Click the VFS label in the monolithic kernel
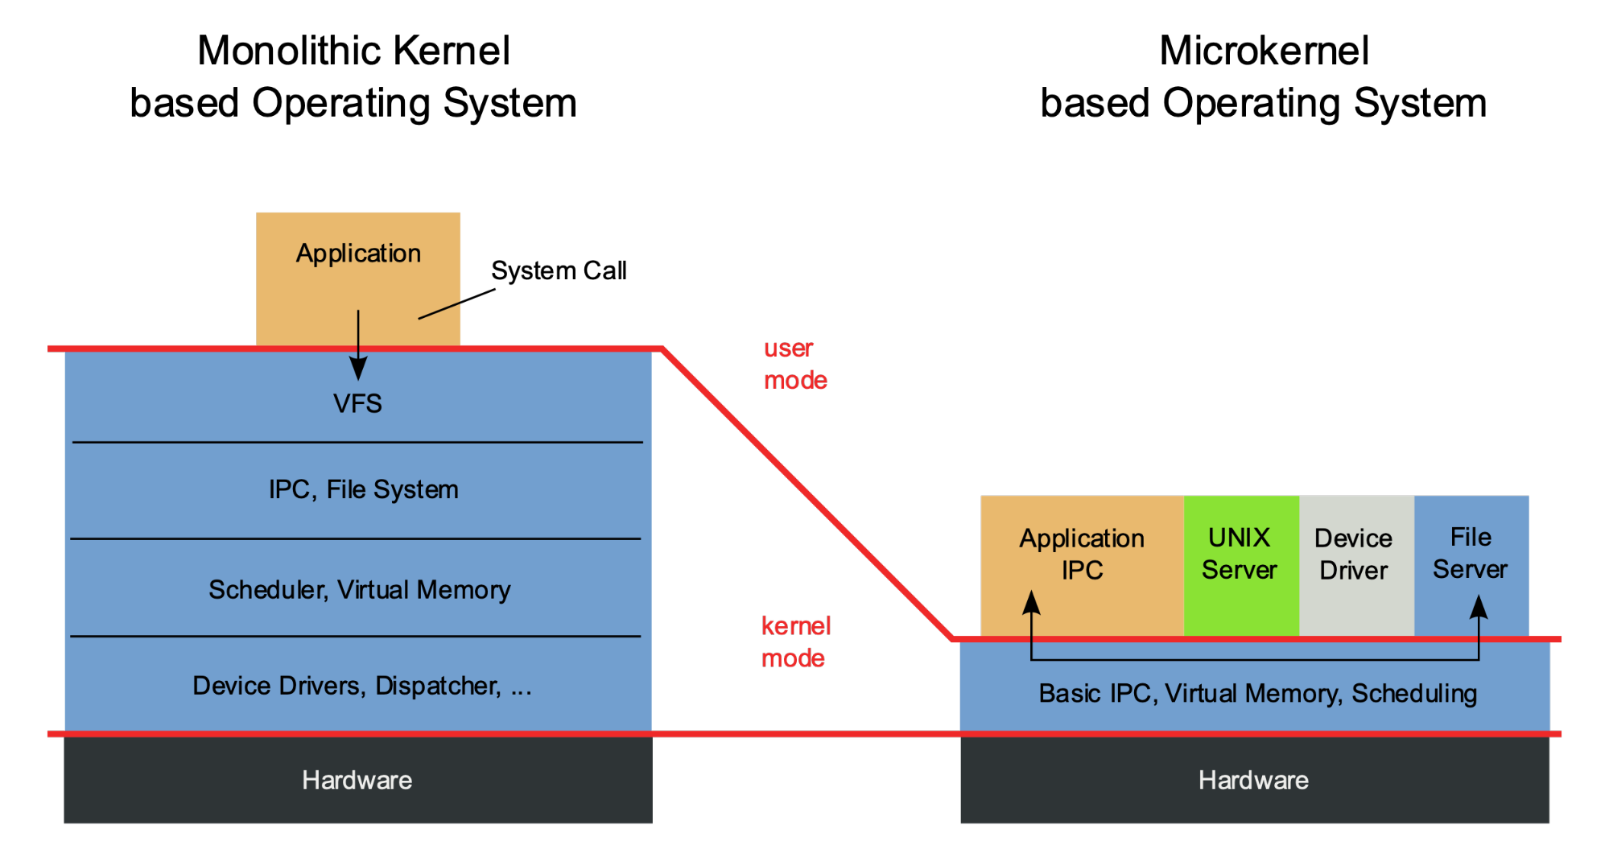357,403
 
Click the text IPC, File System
363,489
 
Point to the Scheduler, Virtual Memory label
359,590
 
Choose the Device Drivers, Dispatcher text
361,686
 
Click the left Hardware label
357,780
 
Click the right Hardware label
1253,780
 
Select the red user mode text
794,364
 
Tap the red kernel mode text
794,641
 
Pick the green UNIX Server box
1240,563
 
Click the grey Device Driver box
1355,563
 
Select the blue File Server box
1471,555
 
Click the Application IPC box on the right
1081,555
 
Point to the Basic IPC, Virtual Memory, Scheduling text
1257,694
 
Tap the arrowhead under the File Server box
1479,606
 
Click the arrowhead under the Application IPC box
1032,603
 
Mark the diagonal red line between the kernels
805,493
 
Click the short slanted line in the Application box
439,311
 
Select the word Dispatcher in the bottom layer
438,686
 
